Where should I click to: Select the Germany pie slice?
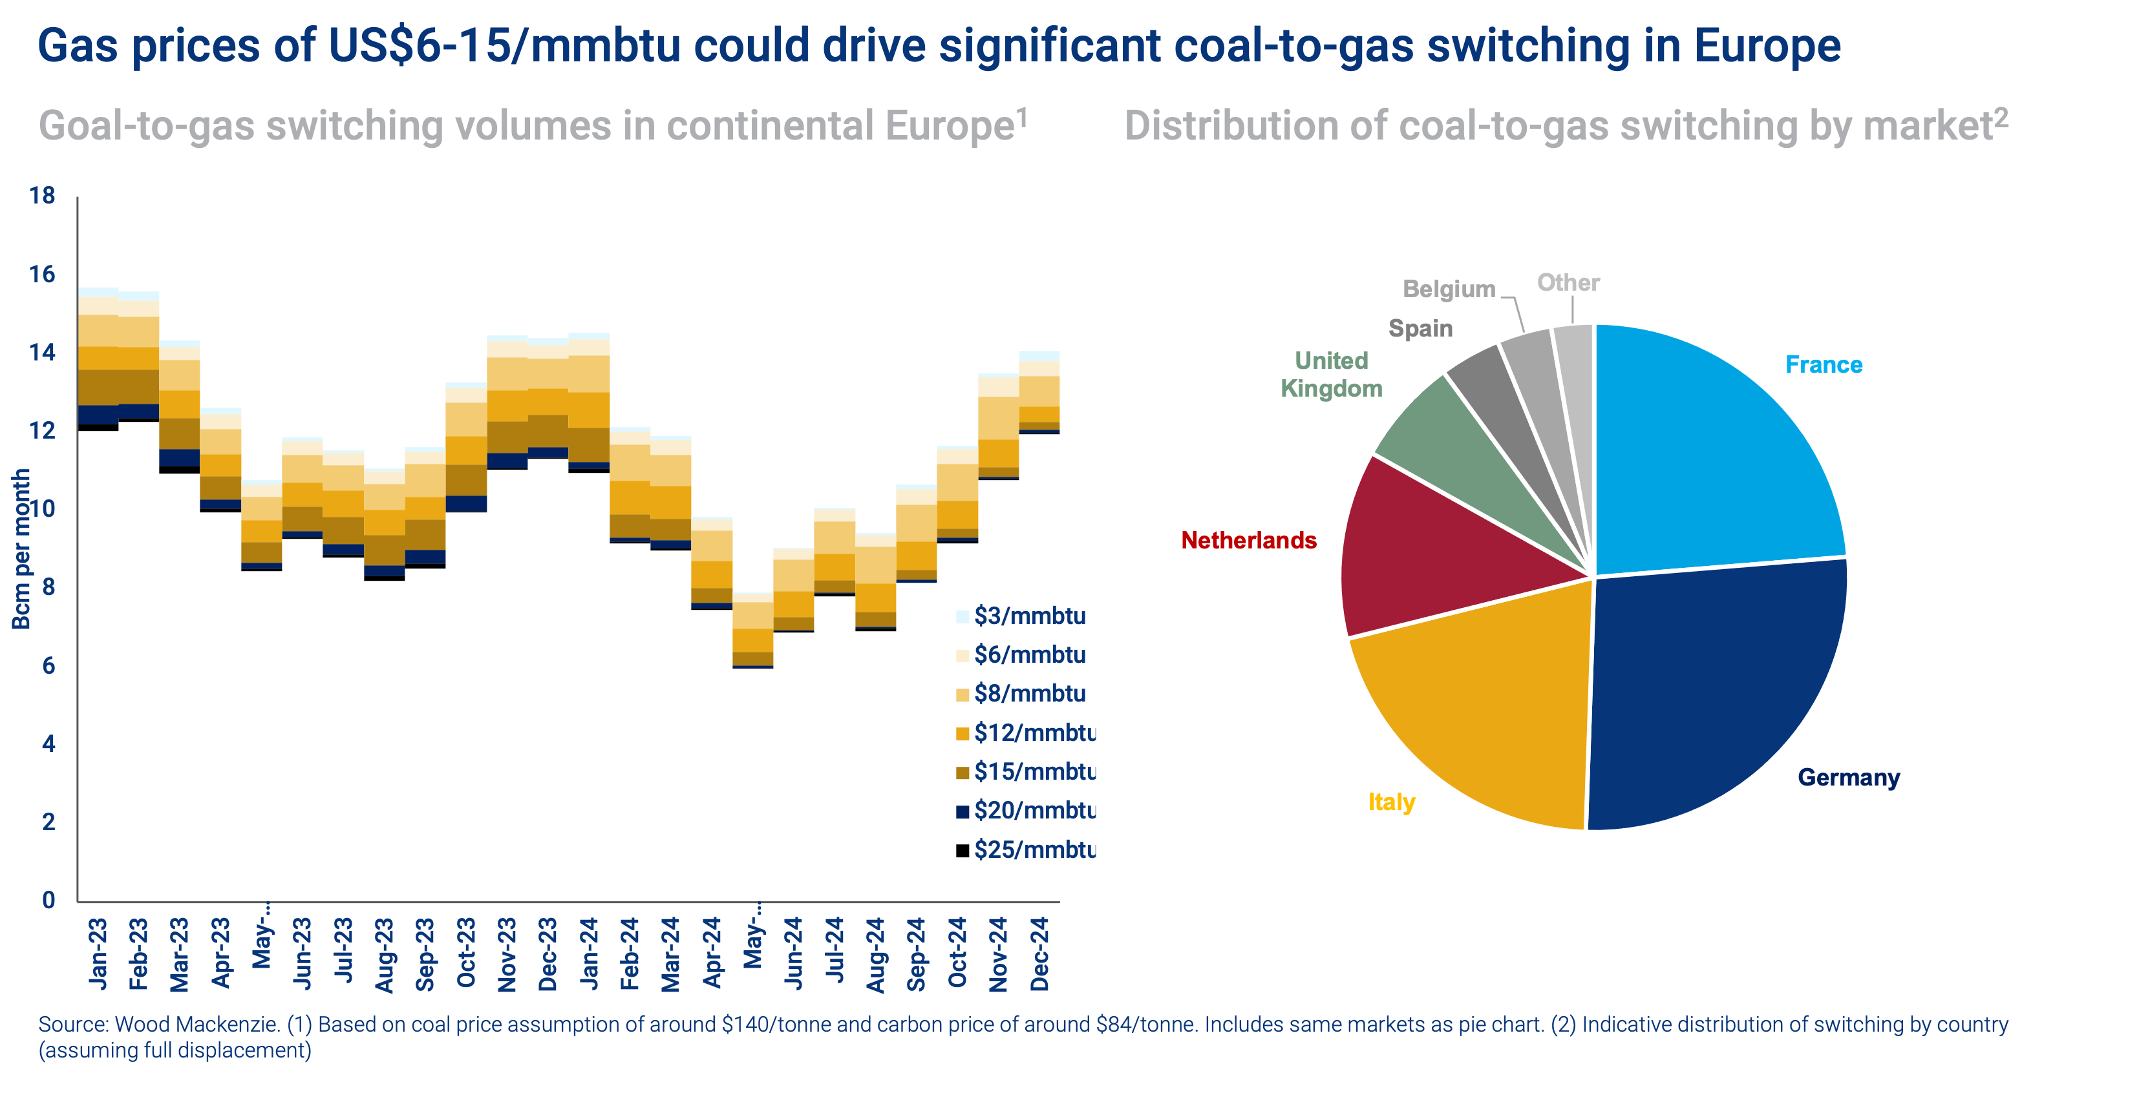[x=1710, y=697]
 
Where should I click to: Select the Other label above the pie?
[x=1568, y=283]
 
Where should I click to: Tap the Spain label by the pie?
[x=1421, y=329]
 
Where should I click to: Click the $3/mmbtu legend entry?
[x=1029, y=616]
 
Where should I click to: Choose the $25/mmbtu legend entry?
[x=1034, y=850]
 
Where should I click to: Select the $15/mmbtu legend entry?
[x=1034, y=772]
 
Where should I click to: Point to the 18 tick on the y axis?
[x=41, y=196]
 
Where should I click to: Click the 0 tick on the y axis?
[x=48, y=900]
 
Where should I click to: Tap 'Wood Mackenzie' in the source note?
[x=196, y=1025]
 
